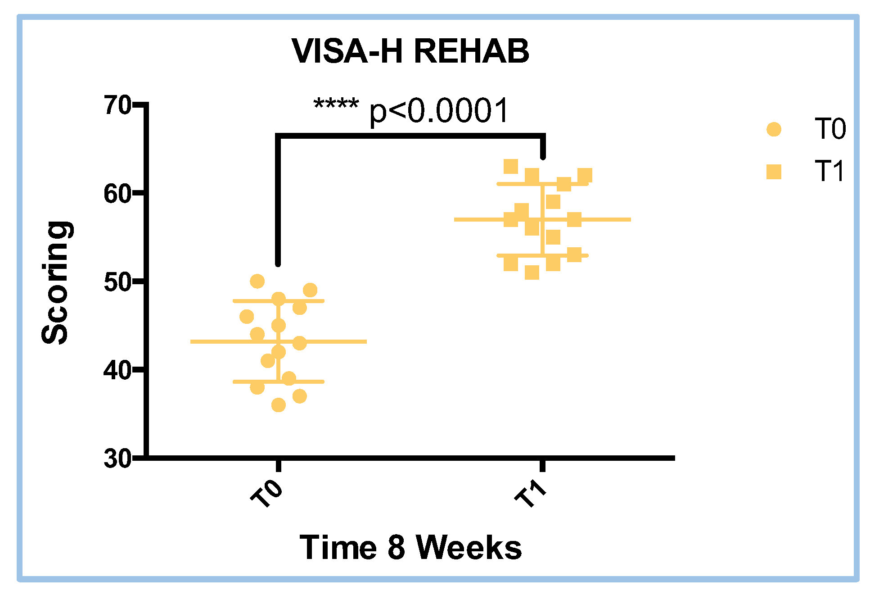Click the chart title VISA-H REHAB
coord(410,51)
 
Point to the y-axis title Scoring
coord(56,283)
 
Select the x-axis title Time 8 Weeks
coord(410,547)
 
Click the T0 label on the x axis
coord(267,494)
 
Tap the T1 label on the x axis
coord(531,494)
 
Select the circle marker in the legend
coord(774,129)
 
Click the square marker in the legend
coord(774,172)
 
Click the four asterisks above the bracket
coord(336,104)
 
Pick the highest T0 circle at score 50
coord(257,282)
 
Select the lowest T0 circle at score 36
coord(279,405)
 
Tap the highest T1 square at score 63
coord(511,167)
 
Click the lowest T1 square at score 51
coord(532,273)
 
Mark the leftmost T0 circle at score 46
coord(247,317)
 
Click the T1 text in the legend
coord(829,172)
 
